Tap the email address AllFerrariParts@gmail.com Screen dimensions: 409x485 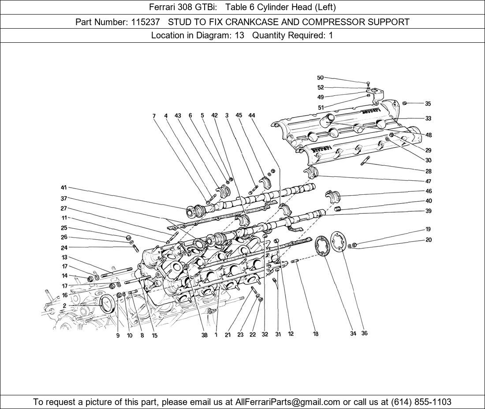(x=288, y=402)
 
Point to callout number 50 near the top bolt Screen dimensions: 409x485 (x=320, y=78)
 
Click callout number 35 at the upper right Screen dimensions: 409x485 (x=428, y=104)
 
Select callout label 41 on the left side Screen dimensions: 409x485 (x=64, y=188)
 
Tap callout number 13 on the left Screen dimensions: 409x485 (x=64, y=257)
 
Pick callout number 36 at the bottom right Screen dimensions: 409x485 (x=364, y=333)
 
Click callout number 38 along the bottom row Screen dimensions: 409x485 (x=204, y=335)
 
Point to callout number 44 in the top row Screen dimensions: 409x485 (x=252, y=115)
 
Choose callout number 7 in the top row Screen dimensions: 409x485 (x=154, y=116)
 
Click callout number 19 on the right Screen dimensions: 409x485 (x=428, y=229)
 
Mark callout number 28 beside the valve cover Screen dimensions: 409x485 (x=428, y=171)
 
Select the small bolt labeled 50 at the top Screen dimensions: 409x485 (x=368, y=83)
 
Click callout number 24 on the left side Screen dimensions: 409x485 (x=64, y=248)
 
